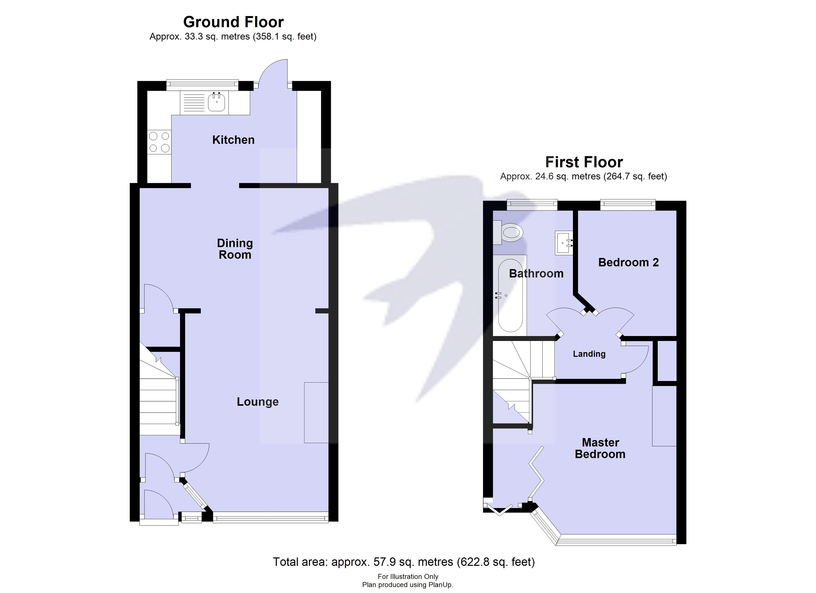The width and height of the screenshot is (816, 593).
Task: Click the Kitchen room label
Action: (x=233, y=140)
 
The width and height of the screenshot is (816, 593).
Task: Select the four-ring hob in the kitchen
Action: (x=159, y=142)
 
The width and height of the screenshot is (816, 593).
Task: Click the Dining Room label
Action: (x=235, y=249)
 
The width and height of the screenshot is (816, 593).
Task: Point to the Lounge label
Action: (x=258, y=402)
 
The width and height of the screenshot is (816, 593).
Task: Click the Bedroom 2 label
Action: (x=628, y=262)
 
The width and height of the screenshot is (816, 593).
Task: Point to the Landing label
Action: (x=589, y=354)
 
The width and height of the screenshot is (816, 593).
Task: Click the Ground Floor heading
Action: (x=233, y=22)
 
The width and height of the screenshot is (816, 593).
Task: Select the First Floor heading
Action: (x=584, y=162)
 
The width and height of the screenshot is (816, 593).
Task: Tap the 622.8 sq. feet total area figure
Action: (x=496, y=562)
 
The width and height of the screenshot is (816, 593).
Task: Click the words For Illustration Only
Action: (x=408, y=576)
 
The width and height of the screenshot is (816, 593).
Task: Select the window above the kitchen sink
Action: (x=202, y=85)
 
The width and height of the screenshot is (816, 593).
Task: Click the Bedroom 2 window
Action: (x=628, y=205)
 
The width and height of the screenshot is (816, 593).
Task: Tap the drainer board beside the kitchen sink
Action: (x=194, y=102)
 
